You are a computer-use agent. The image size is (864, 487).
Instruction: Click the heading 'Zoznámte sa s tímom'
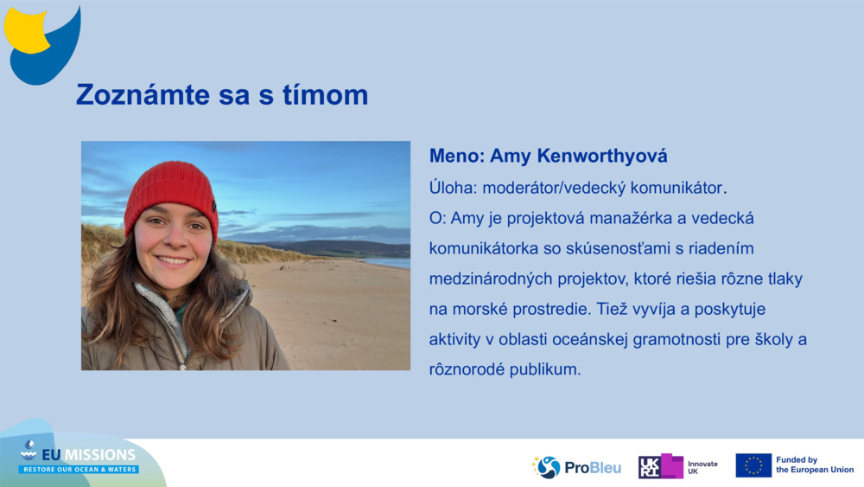pyautogui.click(x=222, y=95)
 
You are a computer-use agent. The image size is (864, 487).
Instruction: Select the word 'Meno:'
pyautogui.click(x=456, y=157)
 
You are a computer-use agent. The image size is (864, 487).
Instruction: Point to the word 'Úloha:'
pyautogui.click(x=453, y=187)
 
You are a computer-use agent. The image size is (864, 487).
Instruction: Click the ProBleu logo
pyautogui.click(x=576, y=467)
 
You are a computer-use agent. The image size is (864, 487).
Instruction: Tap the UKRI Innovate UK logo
pyautogui.click(x=678, y=466)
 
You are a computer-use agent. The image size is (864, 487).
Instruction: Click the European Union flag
pyautogui.click(x=753, y=465)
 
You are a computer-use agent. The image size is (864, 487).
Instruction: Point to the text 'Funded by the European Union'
pyautogui.click(x=814, y=465)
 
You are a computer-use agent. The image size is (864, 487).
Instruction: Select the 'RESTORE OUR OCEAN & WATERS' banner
pyautogui.click(x=79, y=470)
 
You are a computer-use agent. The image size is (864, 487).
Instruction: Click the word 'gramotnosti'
pyautogui.click(x=665, y=339)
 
